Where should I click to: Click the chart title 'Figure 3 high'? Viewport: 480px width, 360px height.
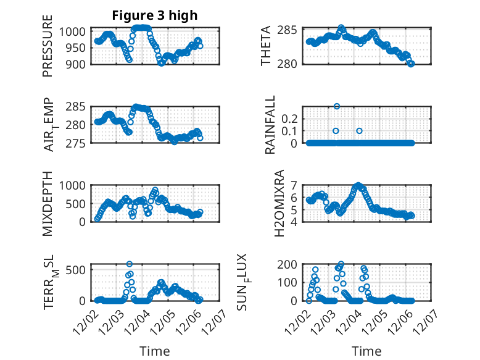[154, 15]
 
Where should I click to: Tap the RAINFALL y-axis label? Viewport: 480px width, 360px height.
[270, 125]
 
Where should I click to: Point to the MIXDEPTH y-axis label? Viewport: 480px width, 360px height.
[48, 203]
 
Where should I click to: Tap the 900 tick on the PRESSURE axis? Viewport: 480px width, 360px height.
[78, 64]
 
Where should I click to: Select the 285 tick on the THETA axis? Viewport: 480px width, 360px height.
[290, 30]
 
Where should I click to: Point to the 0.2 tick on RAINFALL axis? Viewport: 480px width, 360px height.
[291, 118]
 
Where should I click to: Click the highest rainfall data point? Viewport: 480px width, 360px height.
[336, 106]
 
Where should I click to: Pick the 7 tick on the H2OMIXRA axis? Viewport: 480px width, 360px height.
[294, 185]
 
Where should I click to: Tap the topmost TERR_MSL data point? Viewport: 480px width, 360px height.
[130, 264]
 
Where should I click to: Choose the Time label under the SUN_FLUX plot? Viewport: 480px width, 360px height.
[366, 351]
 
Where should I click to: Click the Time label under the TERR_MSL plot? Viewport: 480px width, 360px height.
[154, 351]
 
